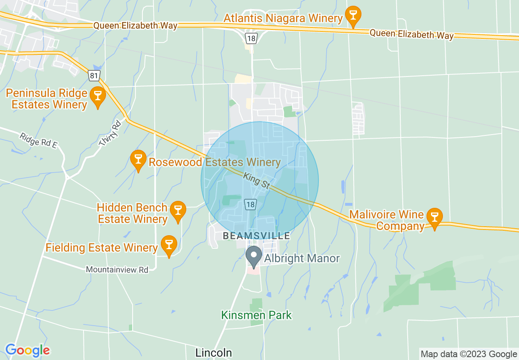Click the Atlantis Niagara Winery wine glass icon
352,15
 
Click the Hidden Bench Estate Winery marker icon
178,210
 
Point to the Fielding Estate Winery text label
102,248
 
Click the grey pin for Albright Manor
254,256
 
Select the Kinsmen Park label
257,315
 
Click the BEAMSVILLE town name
256,236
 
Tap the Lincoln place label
214,353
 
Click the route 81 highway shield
94,75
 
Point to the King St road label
257,180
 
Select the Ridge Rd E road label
38,140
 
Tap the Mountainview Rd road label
117,270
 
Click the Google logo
27,350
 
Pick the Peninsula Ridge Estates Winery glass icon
97,96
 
